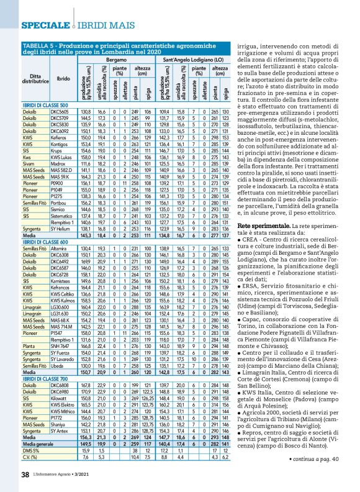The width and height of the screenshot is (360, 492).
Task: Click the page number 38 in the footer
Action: point(25,475)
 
